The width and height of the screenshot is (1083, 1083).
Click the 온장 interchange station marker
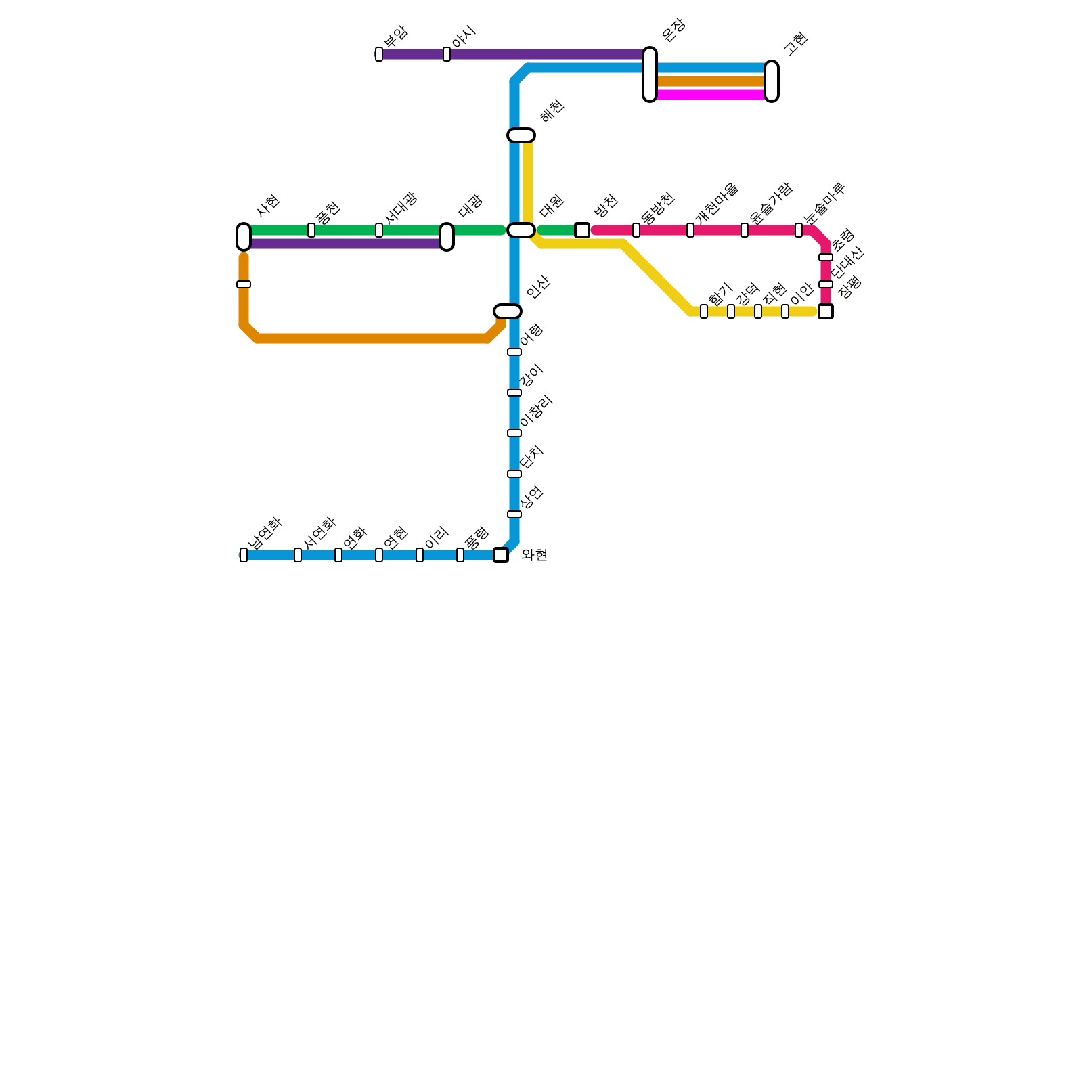tap(650, 74)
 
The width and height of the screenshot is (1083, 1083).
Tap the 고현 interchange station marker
tap(772, 81)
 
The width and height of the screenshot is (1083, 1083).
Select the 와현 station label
tap(534, 556)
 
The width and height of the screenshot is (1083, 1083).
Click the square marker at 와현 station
tap(501, 555)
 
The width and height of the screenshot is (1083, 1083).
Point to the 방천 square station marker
tap(582, 230)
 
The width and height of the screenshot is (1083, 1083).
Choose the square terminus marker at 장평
tap(826, 311)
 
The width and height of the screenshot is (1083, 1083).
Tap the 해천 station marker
tap(521, 135)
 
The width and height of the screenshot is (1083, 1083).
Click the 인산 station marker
tap(508, 311)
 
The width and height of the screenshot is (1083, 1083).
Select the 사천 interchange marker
tap(244, 237)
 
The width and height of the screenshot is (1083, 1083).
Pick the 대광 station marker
tap(447, 237)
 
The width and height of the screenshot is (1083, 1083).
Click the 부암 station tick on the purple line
tap(379, 54)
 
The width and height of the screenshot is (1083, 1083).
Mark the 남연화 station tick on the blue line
tap(244, 555)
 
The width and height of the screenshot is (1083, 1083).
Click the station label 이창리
tap(537, 412)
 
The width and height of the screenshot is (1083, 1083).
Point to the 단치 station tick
tap(514, 474)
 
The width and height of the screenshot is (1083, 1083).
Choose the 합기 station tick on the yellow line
tap(704, 311)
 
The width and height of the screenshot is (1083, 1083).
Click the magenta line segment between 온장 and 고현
tap(711, 95)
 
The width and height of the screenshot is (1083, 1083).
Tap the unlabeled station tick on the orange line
tap(244, 284)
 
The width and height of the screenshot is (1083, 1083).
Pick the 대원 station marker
tap(521, 230)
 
